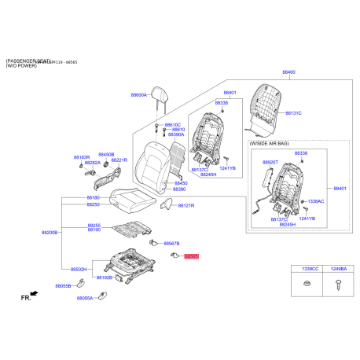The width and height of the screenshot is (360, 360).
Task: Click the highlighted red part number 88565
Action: tap(192, 256)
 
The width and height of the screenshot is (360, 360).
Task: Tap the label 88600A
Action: tap(139, 94)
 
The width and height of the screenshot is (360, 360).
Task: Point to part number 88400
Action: tap(289, 72)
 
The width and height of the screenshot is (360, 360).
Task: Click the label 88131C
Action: tap(293, 113)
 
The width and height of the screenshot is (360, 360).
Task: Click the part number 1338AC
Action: tap(315, 202)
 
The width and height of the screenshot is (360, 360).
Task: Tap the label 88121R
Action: tap(186, 205)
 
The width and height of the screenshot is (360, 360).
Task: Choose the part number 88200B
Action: tap(50, 233)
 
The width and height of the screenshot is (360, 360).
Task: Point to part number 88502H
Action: tap(79, 270)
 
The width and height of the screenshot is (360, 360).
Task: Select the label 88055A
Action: tap(85, 299)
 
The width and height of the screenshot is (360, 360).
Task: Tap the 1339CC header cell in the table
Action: tap(305, 270)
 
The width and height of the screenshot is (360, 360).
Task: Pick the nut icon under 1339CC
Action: tap(305, 285)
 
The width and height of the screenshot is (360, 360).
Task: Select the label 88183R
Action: tap(82, 156)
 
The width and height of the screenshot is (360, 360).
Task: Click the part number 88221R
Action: tap(119, 160)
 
